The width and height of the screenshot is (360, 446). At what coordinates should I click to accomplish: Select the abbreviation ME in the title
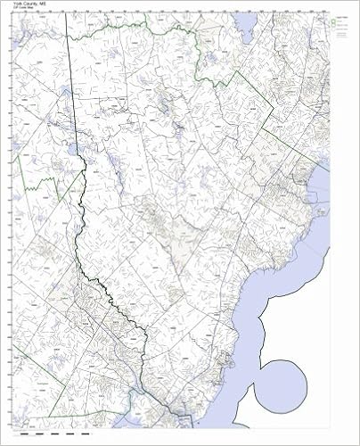pyautogui.click(x=41, y=4)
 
